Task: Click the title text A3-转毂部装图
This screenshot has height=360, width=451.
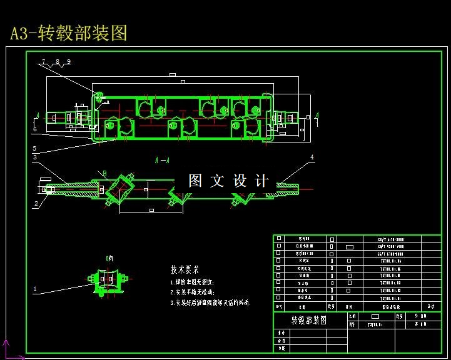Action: point(69,32)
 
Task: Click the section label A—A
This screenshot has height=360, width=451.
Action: point(161,160)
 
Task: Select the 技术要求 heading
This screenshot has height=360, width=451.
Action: point(185,269)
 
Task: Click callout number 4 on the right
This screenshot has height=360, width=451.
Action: point(312,157)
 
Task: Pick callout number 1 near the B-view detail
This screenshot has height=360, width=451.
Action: point(35,289)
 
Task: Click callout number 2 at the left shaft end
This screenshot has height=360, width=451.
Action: point(36,204)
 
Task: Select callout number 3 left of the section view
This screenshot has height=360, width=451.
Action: point(35,157)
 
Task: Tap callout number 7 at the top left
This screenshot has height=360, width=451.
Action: point(44,62)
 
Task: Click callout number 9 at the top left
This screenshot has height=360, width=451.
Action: point(68,62)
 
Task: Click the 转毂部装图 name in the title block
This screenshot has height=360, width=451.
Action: point(309,320)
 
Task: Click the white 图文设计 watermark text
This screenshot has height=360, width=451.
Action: point(228,181)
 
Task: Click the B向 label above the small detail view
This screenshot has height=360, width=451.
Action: point(109,257)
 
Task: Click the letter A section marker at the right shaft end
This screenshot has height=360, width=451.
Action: point(317,115)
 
